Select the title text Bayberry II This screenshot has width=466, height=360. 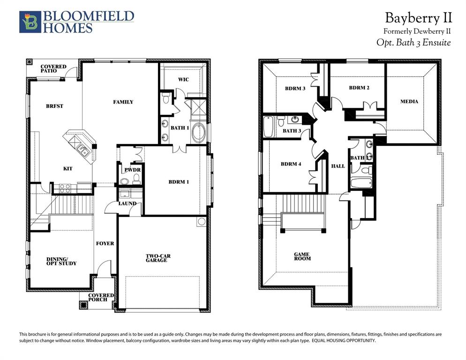tap(418, 18)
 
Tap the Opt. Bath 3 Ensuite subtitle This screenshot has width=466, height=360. tap(413, 43)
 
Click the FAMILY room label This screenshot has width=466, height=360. tap(123, 102)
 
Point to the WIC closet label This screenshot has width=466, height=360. tap(183, 80)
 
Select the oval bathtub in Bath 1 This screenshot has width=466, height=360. tap(198, 133)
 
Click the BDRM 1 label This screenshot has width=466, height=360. tap(179, 182)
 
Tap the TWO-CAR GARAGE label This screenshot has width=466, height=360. tap(157, 258)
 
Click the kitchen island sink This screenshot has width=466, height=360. tap(83, 151)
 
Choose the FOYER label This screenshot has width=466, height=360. tap(105, 244)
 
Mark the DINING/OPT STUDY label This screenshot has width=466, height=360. tap(61, 261)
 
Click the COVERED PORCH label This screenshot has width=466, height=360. tap(101, 298)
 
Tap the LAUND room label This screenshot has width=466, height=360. tap(128, 204)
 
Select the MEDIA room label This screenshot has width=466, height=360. tap(409, 102)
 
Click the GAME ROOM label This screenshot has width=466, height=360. tap(302, 256)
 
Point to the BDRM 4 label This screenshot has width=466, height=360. tap(291, 164)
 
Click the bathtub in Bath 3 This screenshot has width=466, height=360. tap(269, 127)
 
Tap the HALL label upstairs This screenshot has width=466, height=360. tap(338, 166)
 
